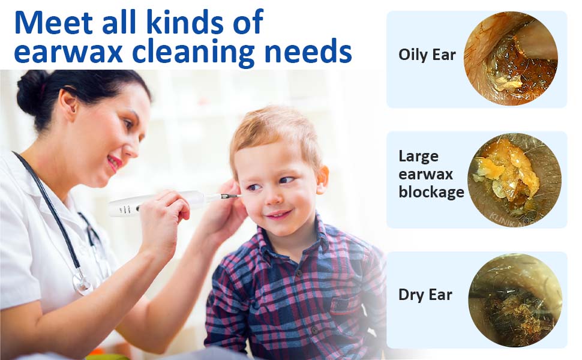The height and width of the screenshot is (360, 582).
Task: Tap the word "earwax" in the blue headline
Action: point(65,52)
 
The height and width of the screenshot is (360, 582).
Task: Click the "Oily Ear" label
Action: point(427,55)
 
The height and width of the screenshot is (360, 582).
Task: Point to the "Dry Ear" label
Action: point(425,295)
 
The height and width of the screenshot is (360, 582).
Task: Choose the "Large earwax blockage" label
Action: point(431,174)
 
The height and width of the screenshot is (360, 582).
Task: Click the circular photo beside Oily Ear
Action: point(511,59)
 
